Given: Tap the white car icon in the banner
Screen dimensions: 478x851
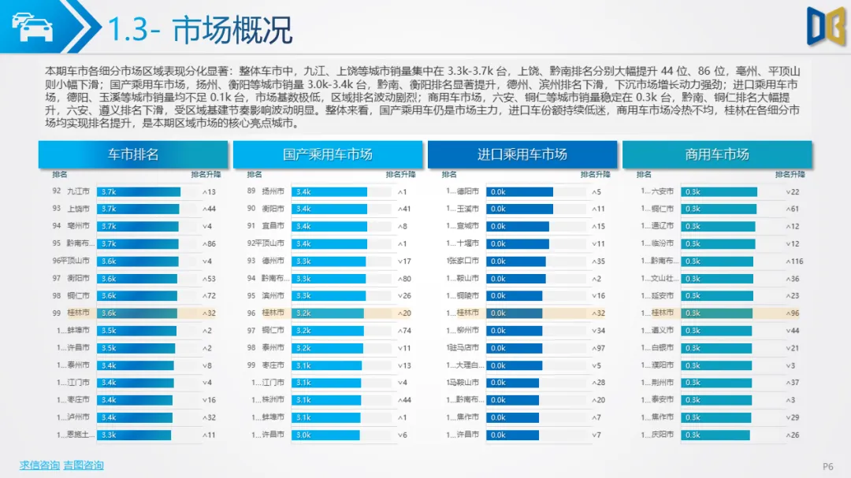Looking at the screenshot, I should click(32, 28).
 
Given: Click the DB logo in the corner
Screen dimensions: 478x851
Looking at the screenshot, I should click(825, 26).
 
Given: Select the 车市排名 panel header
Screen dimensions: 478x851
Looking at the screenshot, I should click(133, 154).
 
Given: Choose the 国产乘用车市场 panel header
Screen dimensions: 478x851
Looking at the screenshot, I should click(327, 154).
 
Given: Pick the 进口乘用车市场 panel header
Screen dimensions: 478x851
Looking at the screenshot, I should click(522, 154).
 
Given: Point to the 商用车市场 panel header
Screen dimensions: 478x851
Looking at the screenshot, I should click(716, 154).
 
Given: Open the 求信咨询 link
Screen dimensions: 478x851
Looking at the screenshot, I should click(39, 465).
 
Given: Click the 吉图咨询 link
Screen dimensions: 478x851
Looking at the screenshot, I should click(84, 465).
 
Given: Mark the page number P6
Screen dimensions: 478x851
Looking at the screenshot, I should click(827, 466).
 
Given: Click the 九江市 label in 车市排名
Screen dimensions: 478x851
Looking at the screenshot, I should click(78, 191).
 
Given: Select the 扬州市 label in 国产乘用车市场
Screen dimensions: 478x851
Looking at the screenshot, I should click(273, 191).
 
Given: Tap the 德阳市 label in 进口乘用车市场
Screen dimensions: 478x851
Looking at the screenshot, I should click(468, 191).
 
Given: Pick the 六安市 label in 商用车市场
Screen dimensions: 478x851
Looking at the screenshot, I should click(663, 191).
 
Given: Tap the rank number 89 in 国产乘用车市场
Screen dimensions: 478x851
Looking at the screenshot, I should click(251, 191).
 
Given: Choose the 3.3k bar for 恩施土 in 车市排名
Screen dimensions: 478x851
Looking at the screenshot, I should click(134, 435).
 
